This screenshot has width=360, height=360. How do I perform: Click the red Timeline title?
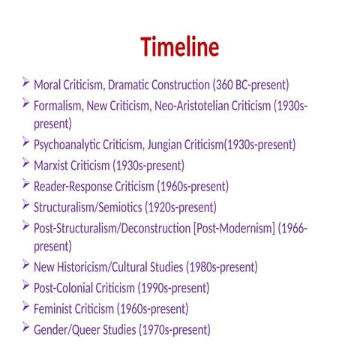[180, 47]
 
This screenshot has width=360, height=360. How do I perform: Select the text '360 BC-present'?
[251, 85]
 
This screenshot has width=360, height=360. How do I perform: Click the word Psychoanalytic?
[70, 145]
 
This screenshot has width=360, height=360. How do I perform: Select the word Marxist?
[52, 165]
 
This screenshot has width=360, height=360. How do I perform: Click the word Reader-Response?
[75, 186]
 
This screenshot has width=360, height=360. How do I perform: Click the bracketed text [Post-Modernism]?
[233, 227]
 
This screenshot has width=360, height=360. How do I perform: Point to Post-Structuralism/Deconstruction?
[112, 227]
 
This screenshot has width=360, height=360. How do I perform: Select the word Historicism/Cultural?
[106, 267]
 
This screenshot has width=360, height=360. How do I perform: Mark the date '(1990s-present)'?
[172, 287]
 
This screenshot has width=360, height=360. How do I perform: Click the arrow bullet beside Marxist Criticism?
[26, 163]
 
